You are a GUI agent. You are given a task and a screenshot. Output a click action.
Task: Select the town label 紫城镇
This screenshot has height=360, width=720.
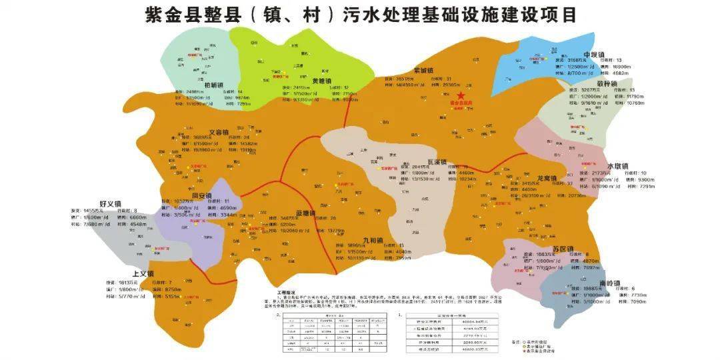pos(423,70)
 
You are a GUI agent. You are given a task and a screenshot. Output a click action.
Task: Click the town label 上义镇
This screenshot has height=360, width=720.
pos(143,274)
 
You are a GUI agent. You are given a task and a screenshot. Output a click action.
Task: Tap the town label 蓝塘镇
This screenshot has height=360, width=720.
pos(305,213)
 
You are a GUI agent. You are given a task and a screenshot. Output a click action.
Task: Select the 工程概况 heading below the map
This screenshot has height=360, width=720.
pos(285,291)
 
